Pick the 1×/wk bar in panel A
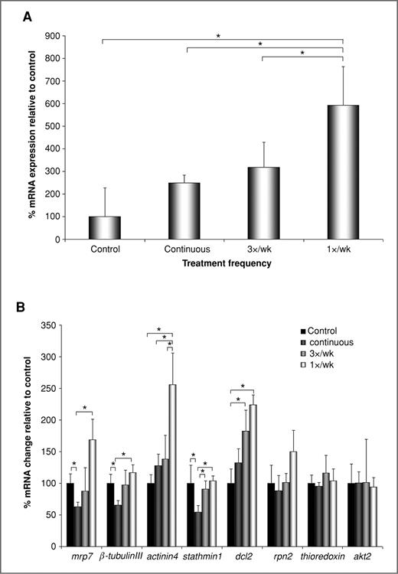click(342, 172)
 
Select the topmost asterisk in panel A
click(219, 36)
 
